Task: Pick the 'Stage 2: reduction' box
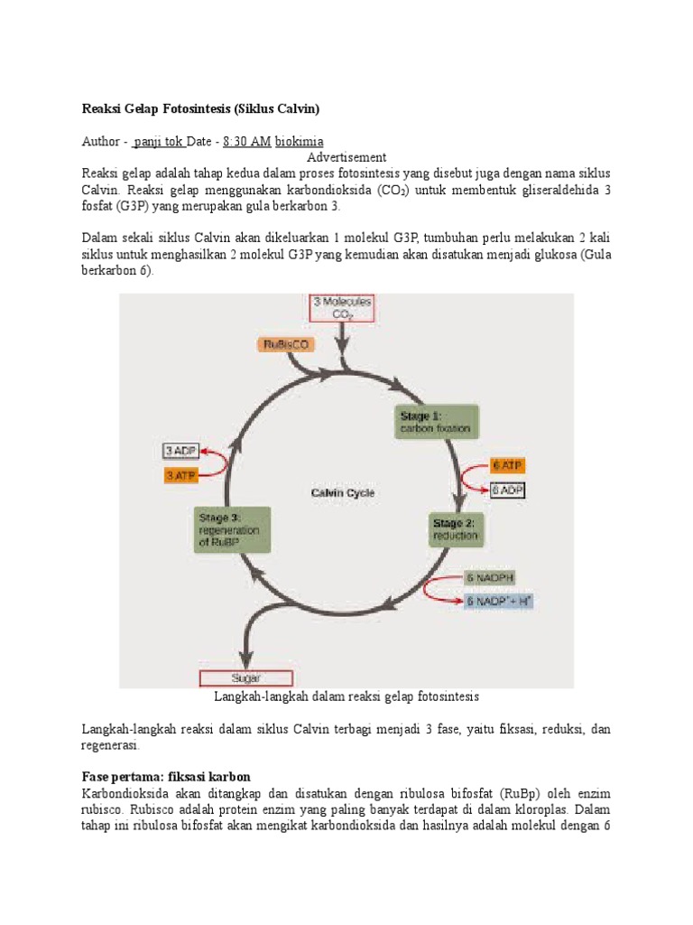click(455, 529)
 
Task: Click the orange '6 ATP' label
click(507, 465)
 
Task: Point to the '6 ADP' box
click(507, 491)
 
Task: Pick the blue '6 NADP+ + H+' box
click(498, 600)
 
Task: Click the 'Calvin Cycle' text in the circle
click(343, 493)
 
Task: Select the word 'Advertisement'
click(346, 157)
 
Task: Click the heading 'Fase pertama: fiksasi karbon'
click(166, 777)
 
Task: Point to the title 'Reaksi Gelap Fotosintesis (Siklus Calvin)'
click(201, 109)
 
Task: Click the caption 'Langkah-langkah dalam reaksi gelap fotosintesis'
click(346, 696)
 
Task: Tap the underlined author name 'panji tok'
click(159, 142)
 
